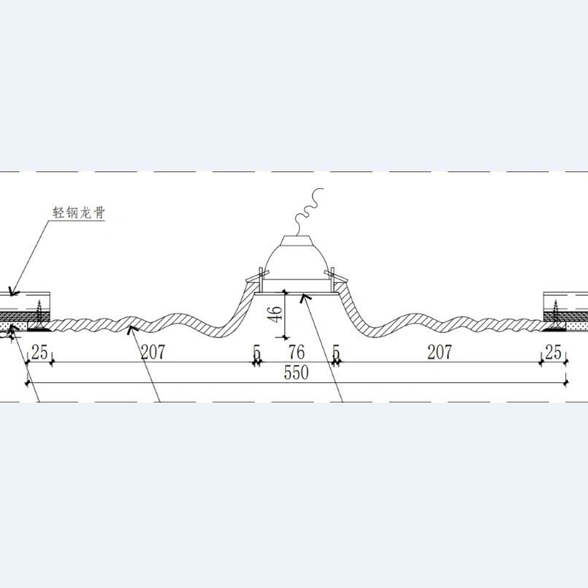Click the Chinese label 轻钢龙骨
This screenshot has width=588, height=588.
pyautogui.click(x=79, y=212)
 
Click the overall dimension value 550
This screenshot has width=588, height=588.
pyautogui.click(x=296, y=373)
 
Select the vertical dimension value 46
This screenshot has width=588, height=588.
pyautogui.click(x=276, y=315)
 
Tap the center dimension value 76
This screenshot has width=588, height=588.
pyautogui.click(x=296, y=352)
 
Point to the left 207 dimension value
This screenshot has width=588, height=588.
pyautogui.click(x=153, y=352)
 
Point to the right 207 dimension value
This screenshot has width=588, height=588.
pyautogui.click(x=440, y=352)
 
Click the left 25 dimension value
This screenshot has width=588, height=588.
pyautogui.click(x=40, y=352)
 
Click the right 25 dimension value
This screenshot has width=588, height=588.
pyautogui.click(x=553, y=352)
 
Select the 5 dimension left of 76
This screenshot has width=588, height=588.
pyautogui.click(x=257, y=353)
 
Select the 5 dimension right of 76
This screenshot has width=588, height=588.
pyautogui.click(x=337, y=353)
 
